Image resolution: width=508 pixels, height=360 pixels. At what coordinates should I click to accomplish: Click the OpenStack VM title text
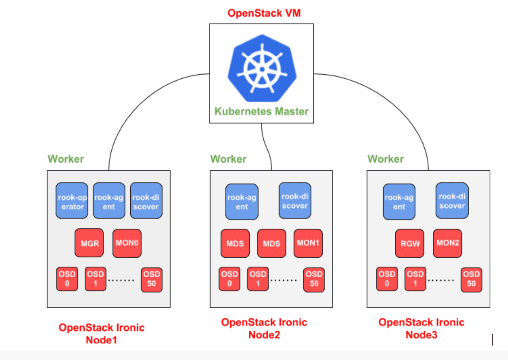click(x=264, y=13)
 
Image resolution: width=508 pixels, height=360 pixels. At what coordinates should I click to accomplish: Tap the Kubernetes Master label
click(x=261, y=111)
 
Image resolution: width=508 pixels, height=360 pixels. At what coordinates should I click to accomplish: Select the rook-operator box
click(x=71, y=201)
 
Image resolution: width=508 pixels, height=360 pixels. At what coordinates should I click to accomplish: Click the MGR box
click(x=89, y=243)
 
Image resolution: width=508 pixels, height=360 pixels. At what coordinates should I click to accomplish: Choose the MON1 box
click(x=308, y=243)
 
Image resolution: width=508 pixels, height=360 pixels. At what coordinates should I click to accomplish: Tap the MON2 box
click(x=448, y=243)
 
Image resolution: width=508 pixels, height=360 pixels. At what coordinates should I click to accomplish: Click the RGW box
click(x=410, y=243)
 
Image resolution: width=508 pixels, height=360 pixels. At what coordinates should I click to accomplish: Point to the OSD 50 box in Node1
click(x=151, y=279)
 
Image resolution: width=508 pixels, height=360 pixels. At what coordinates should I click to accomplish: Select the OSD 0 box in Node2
click(x=229, y=279)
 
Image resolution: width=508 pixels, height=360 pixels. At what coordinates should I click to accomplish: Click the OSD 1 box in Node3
click(x=415, y=279)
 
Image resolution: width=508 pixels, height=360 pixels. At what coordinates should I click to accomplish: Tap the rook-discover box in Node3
click(x=452, y=201)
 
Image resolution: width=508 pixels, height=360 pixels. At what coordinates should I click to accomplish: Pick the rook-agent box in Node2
click(x=242, y=201)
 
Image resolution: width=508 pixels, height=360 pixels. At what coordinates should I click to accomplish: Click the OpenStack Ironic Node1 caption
click(x=101, y=333)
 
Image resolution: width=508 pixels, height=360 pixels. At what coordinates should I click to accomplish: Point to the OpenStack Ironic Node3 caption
click(x=421, y=328)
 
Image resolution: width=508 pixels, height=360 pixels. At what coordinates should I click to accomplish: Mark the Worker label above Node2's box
click(x=228, y=159)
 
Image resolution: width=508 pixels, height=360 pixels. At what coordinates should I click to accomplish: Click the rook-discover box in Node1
click(x=146, y=201)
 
